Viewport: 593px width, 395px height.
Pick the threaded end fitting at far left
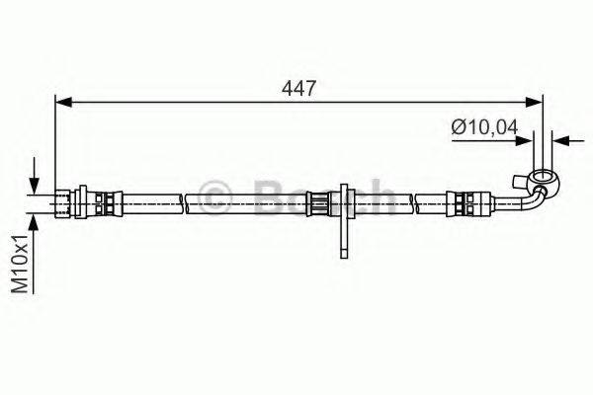(x=66, y=203)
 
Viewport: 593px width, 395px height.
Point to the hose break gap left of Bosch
(x=185, y=203)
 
